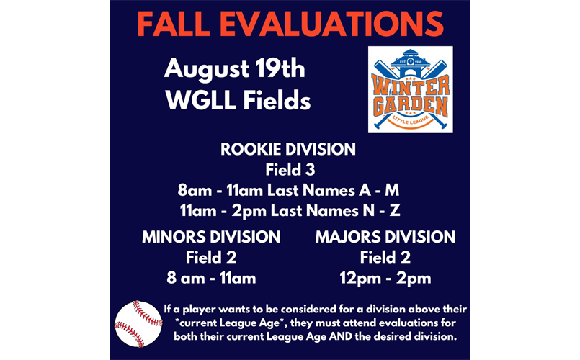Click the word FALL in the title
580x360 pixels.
pyautogui.click(x=174, y=24)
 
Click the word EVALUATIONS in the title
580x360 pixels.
pyautogui.click(x=332, y=24)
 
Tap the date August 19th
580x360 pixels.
pyautogui.click(x=234, y=70)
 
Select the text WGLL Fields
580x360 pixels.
pyautogui.click(x=238, y=100)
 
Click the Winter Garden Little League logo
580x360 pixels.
pyautogui.click(x=411, y=89)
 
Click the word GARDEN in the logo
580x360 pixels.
pyautogui.click(x=411, y=106)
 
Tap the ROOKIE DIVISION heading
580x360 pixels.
pyautogui.click(x=288, y=149)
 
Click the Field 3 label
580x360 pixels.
pyautogui.click(x=290, y=170)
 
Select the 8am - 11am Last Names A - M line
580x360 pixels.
pyautogui.click(x=288, y=190)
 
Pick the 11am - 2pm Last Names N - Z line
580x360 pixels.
pyautogui.click(x=290, y=211)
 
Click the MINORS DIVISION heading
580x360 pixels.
pyautogui.click(x=211, y=237)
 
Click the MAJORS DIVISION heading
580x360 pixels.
pyautogui.click(x=385, y=237)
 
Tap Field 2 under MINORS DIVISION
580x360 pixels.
pyautogui.click(x=211, y=258)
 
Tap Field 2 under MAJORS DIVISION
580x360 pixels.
pyautogui.click(x=385, y=258)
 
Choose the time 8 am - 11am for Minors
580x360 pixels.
pyautogui.click(x=211, y=278)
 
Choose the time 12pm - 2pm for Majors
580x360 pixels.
pyautogui.click(x=385, y=279)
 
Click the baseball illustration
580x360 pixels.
pyautogui.click(x=138, y=324)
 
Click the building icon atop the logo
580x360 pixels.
pyautogui.click(x=411, y=63)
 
